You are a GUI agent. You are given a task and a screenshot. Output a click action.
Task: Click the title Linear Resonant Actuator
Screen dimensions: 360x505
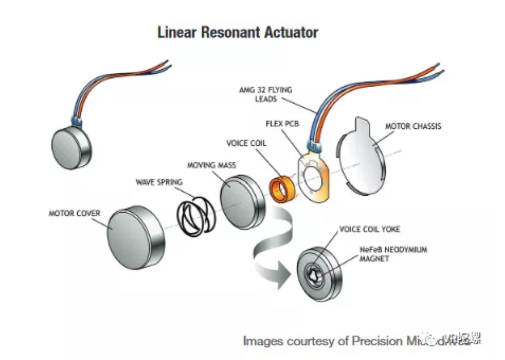pos(238,33)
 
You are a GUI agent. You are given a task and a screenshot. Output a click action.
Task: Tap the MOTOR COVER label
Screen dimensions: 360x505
pos(75,213)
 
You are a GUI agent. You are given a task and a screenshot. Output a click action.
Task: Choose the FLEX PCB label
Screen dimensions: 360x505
pos(283,125)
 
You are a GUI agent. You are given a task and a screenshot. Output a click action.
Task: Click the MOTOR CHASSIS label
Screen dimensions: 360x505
pos(413,126)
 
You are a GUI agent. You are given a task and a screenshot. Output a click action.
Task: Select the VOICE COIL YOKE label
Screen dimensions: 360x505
pos(369,229)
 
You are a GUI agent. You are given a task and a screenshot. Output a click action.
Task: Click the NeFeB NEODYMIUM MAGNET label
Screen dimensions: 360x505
pos(393,254)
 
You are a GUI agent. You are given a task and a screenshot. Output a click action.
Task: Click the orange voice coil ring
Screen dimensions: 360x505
pos(281,189)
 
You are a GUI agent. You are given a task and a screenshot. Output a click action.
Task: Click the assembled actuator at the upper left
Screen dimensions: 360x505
pos(71,146)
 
